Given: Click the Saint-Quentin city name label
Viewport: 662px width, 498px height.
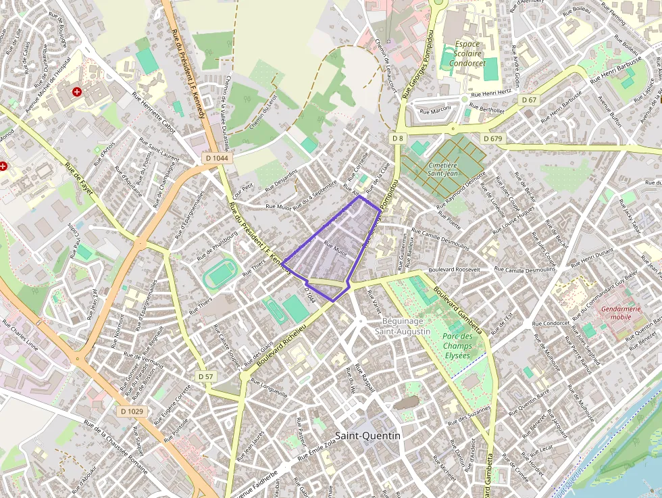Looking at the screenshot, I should (367, 436).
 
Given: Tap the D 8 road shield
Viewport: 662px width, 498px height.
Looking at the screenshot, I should (397, 138).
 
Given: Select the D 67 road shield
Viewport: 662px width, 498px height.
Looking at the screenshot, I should (530, 100).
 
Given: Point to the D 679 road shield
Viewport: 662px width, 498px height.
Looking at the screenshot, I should (493, 139).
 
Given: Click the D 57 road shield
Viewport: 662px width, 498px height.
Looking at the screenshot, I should (206, 376).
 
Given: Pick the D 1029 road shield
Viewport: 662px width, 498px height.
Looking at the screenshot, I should (132, 411).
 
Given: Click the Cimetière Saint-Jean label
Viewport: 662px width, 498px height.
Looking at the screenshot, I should (443, 169).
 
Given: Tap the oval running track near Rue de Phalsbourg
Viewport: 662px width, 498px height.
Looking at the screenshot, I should (219, 275).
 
